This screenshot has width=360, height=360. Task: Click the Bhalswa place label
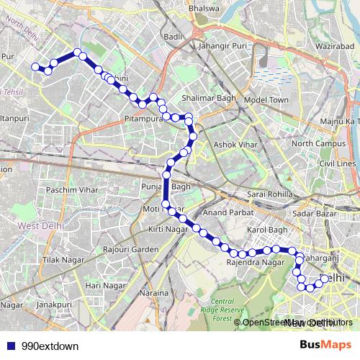coord(202,8)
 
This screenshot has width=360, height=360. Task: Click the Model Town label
coord(266,99)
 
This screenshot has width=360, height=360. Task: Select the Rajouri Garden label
coord(130,249)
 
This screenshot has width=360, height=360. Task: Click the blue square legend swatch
coord(11,346)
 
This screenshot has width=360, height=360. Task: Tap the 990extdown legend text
coord(50,346)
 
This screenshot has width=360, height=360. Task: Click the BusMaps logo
coord(325,345)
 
